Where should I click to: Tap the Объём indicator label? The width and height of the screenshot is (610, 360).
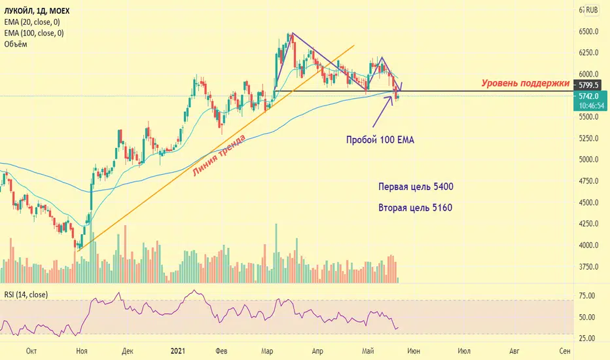(16, 44)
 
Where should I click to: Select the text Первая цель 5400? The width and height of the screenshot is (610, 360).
(416, 187)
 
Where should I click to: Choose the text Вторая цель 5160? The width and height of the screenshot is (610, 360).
(416, 208)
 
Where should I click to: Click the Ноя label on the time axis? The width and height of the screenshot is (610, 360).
(81, 351)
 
